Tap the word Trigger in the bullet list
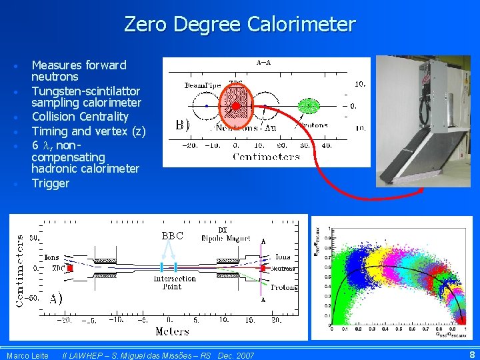click(51, 183)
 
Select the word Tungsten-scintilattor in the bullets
click(86, 91)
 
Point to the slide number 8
click(472, 355)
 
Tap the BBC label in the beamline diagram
click(172, 235)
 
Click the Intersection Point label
click(175, 283)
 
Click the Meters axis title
click(172, 331)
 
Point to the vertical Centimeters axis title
click(19, 270)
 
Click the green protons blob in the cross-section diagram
click(307, 105)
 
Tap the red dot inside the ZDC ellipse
click(235, 105)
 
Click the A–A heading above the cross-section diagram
click(264, 63)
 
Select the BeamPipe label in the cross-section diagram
click(203, 85)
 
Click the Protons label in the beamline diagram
click(285, 287)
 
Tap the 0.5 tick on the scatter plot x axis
click(397, 329)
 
